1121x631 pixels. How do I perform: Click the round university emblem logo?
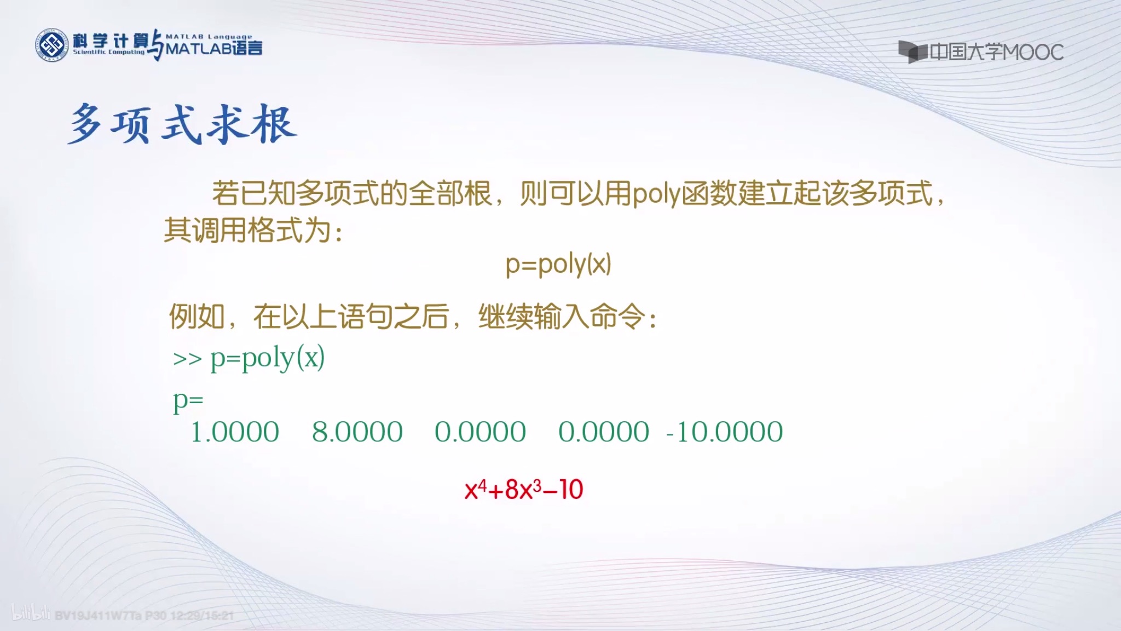tap(52, 45)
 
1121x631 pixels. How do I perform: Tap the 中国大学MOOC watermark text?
tap(996, 53)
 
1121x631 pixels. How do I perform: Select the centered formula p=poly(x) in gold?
tap(558, 265)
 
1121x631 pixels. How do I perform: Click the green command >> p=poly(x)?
tap(249, 358)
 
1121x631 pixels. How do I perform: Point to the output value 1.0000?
tap(235, 432)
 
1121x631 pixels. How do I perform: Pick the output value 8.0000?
tap(357, 432)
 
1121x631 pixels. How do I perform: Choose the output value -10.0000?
tap(724, 432)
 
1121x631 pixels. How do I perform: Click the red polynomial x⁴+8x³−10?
tap(524, 489)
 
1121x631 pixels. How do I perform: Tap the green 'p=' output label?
tap(188, 401)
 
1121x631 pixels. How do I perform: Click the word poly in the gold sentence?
tap(656, 194)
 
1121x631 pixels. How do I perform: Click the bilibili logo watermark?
tap(31, 613)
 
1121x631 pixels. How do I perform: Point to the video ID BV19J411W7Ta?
tap(99, 616)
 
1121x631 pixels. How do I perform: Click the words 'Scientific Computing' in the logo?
tap(108, 52)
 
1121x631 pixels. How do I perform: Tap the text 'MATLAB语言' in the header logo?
tap(214, 49)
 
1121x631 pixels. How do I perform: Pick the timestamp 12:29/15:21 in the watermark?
tap(202, 616)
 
